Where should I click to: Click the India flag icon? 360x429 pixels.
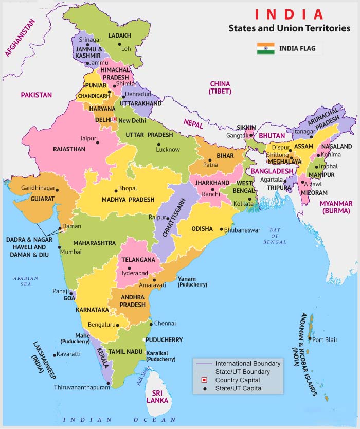coord(266,49)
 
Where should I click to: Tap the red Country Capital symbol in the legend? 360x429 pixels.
coord(204,380)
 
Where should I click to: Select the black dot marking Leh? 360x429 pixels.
coord(120,45)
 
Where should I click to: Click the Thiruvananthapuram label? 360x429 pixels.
coord(82,387)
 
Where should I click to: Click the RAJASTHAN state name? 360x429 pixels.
coord(69,149)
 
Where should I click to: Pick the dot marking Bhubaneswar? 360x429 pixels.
coord(221,230)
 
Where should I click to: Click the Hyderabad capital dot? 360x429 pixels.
coord(129,268)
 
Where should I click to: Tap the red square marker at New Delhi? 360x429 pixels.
coord(114,120)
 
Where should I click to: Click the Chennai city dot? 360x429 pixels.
coord(150,324)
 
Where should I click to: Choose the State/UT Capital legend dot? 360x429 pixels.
coord(204,389)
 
